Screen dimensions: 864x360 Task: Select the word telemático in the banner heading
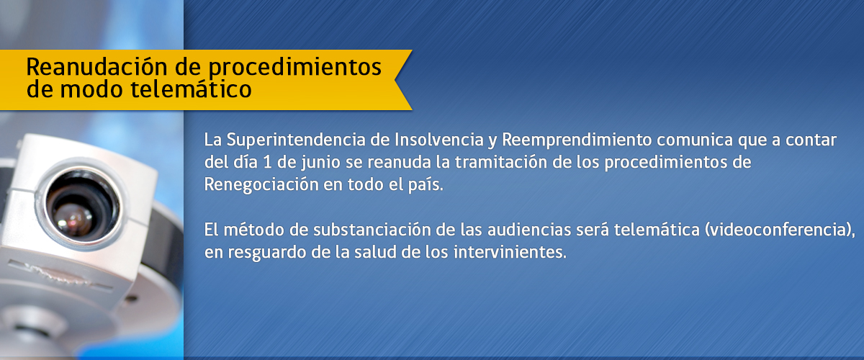(x=192, y=89)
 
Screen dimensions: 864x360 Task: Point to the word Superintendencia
(x=296, y=140)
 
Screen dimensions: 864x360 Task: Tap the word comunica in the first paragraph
(x=695, y=140)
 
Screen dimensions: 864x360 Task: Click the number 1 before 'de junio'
(x=267, y=162)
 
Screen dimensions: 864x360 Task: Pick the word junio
(x=321, y=163)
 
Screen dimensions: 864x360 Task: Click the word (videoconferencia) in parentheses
(x=778, y=230)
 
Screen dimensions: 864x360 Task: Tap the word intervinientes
(x=510, y=252)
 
